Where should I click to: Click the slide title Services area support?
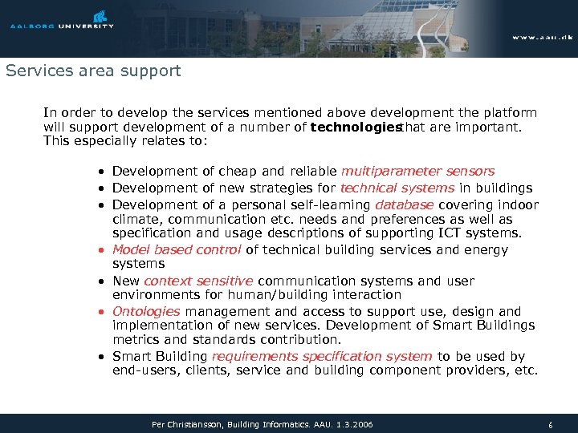(93, 71)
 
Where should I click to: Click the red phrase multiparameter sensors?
(417, 171)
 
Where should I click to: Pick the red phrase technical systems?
(397, 188)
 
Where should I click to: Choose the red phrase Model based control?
(177, 249)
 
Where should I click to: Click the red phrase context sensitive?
(198, 281)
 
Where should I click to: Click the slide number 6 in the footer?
(550, 424)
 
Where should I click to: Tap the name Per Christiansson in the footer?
(187, 423)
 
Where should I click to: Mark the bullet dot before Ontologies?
(100, 312)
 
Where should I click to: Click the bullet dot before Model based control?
(100, 250)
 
